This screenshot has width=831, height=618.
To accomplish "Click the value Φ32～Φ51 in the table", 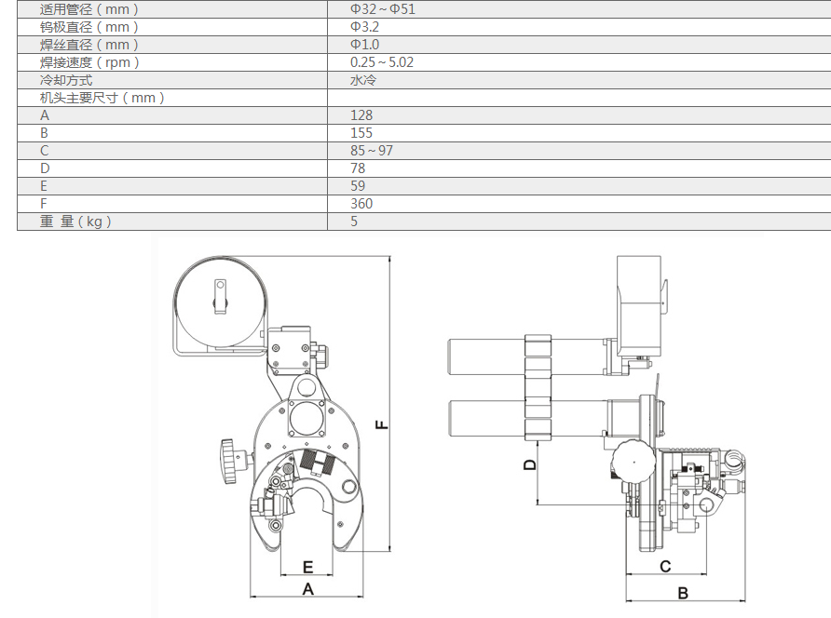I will [382, 9].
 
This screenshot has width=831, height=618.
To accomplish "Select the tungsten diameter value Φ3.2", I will [364, 27].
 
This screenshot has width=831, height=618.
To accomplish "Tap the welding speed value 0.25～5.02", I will [381, 62].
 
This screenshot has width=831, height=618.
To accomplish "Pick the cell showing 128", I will [361, 115].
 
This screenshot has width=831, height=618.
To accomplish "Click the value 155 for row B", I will [361, 133].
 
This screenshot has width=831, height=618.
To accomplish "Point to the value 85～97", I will [372, 151].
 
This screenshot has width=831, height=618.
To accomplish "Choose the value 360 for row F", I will [361, 204].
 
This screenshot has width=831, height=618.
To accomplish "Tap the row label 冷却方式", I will [66, 80].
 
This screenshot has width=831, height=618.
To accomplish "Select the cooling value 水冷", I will [362, 80].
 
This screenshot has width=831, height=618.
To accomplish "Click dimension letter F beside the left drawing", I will [382, 424].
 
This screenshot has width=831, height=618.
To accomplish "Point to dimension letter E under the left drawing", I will [307, 567].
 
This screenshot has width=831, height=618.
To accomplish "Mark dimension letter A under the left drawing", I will [308, 589].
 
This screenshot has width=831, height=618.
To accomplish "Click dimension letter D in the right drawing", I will [529, 464].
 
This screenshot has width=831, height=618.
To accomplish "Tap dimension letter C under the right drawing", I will [665, 566].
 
